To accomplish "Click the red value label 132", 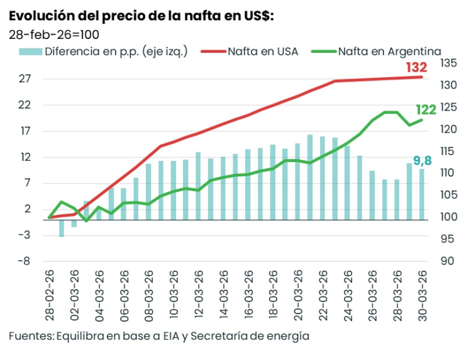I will tap(416, 67).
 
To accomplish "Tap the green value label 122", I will tap(426, 111).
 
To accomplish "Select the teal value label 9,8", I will tap(422, 160).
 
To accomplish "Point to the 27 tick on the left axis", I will tap(25, 79).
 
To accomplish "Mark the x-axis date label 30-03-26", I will tap(423, 293).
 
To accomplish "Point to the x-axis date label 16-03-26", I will tap(249, 293).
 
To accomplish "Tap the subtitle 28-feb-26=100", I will tap(54, 34).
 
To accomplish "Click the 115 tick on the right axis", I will tap(448, 151).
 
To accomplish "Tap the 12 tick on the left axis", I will tap(25, 157).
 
